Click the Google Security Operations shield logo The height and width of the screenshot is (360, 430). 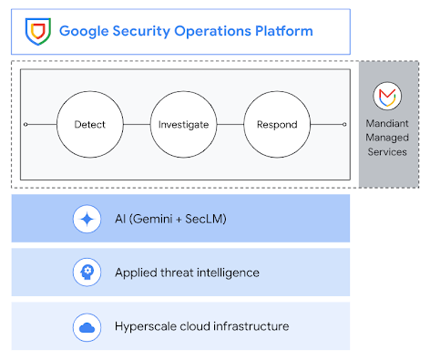(36, 32)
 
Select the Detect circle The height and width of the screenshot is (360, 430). (89, 124)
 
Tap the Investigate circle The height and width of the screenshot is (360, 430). (184, 124)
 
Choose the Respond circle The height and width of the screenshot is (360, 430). (276, 124)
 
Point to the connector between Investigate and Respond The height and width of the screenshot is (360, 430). (230, 124)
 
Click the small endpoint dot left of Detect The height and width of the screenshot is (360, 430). (26, 124)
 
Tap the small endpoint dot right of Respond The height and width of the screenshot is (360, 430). (345, 124)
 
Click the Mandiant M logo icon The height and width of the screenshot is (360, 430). (387, 94)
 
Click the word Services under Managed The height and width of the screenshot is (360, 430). (387, 152)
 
